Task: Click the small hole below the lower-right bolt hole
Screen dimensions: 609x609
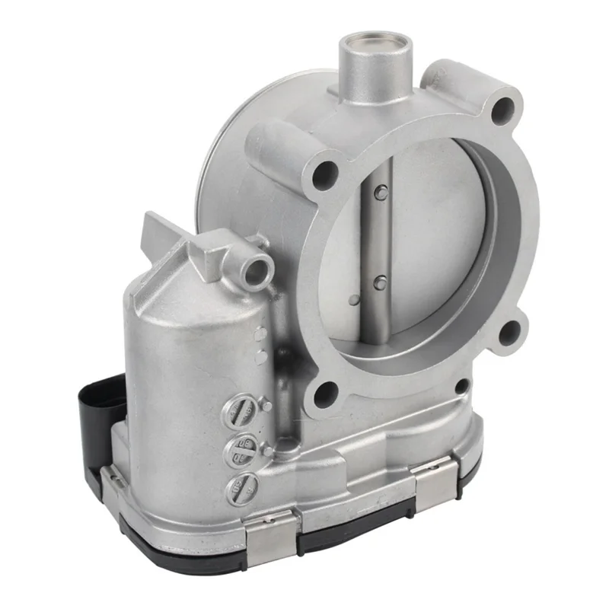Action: (461, 386)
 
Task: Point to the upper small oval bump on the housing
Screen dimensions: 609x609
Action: (260, 332)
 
